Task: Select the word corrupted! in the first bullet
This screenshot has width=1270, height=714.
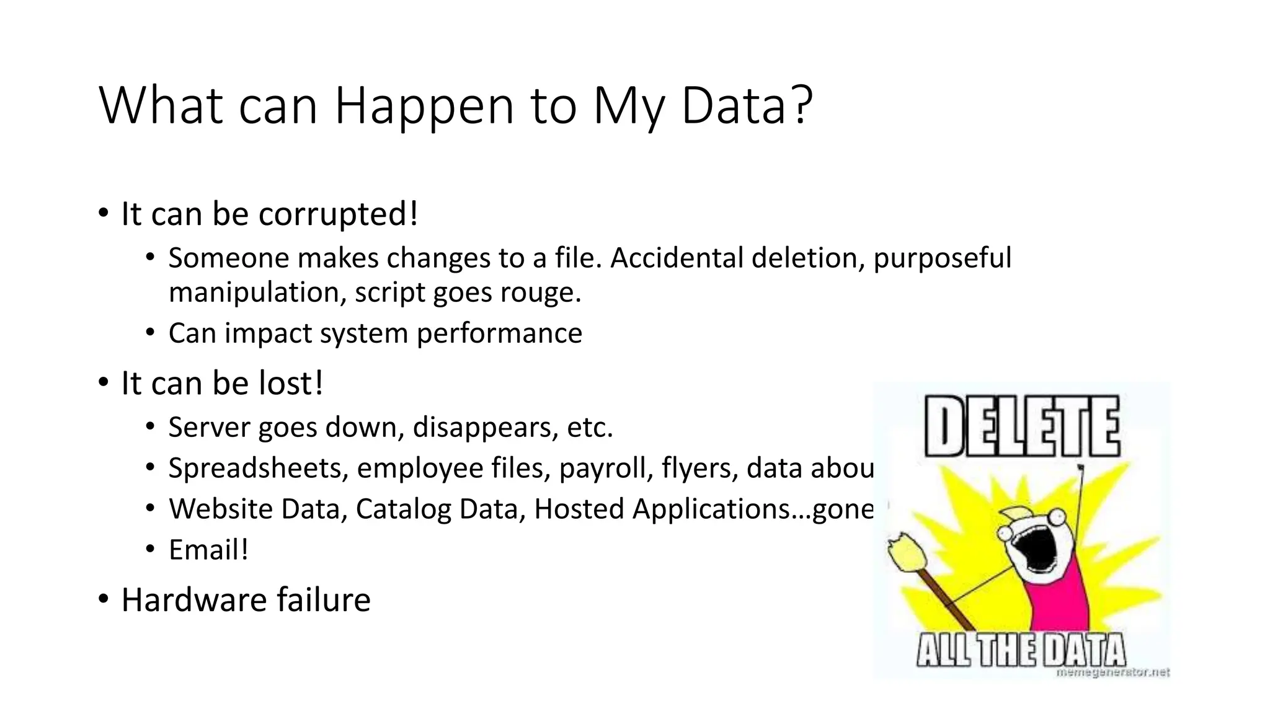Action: [338, 214]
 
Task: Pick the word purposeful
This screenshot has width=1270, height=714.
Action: [942, 258]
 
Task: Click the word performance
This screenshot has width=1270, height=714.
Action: [499, 333]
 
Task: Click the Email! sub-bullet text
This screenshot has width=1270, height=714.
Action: [208, 550]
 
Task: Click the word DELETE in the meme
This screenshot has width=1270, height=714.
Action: [1021, 427]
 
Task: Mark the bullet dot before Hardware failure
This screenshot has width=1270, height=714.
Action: [104, 599]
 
